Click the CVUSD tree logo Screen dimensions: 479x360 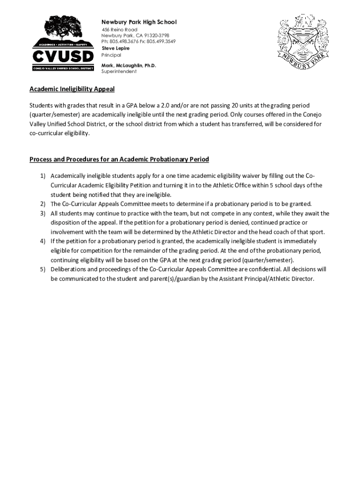(x=62, y=44)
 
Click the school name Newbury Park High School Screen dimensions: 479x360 (x=139, y=22)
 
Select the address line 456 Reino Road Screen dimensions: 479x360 (x=120, y=29)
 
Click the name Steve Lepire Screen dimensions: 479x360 (x=115, y=48)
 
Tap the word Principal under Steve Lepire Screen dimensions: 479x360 (x=111, y=55)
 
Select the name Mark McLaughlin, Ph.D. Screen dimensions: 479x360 (x=129, y=65)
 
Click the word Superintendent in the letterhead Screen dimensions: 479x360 (x=119, y=72)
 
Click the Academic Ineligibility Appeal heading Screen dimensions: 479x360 (x=72, y=89)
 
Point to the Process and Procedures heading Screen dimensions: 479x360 (x=119, y=160)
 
